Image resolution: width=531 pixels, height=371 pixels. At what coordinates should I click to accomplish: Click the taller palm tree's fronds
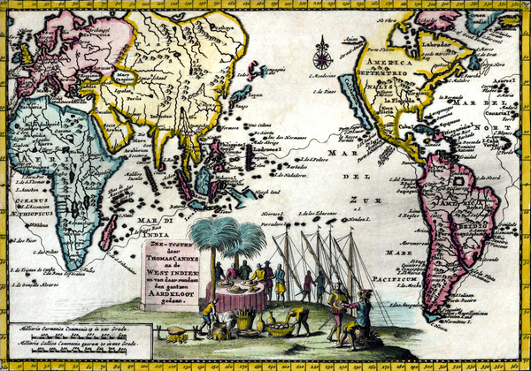212,233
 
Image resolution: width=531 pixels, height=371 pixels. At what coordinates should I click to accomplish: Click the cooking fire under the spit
177,336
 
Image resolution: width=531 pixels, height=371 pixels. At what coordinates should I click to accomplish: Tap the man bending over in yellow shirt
298,316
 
